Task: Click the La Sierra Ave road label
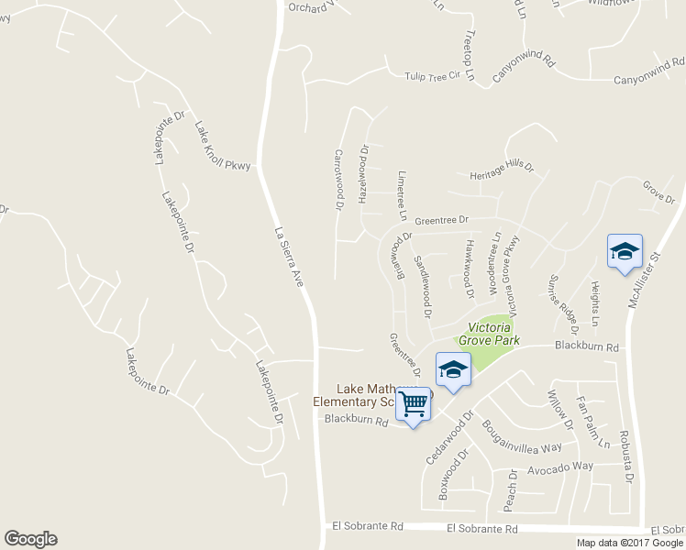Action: tap(289, 258)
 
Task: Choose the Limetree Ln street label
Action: tap(402, 194)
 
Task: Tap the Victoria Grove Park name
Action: tap(493, 334)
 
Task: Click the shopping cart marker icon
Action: tap(415, 403)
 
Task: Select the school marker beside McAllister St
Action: tap(625, 252)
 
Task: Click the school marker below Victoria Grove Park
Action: tap(453, 369)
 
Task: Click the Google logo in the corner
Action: tap(30, 539)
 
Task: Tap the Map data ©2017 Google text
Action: tap(629, 543)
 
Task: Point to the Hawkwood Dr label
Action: tap(469, 269)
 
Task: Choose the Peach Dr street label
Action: tap(512, 490)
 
